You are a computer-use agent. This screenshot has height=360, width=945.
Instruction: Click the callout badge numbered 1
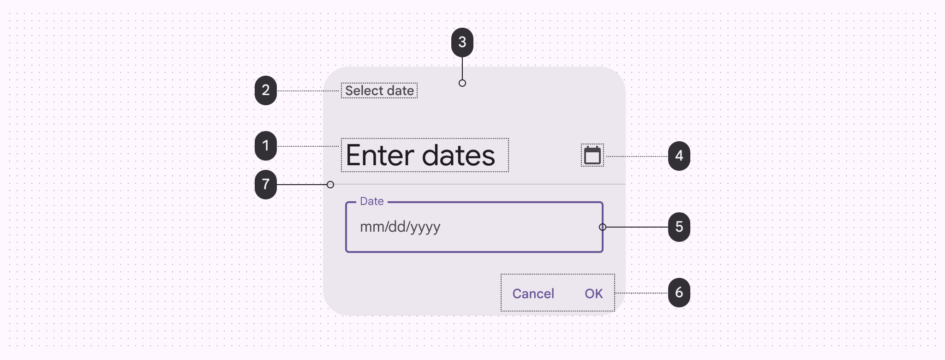(x=266, y=146)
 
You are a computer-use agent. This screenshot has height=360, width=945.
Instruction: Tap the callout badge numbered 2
(x=266, y=90)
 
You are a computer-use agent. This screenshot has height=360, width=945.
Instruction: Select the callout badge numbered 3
(x=462, y=42)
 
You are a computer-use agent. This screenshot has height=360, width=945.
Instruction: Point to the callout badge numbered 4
(x=679, y=156)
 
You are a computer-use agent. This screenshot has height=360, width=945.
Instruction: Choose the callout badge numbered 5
(x=679, y=227)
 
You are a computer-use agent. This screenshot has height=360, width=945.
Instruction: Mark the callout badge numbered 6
(x=679, y=293)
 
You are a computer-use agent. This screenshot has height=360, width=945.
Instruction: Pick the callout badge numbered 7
(x=266, y=185)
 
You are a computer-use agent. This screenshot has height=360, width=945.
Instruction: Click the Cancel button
(x=533, y=294)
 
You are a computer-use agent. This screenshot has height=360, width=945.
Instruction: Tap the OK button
(x=594, y=294)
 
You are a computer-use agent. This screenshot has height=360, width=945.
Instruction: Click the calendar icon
(x=592, y=156)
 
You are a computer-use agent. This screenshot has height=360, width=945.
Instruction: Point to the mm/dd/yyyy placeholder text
(x=400, y=227)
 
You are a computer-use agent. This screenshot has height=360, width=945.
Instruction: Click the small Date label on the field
(x=372, y=201)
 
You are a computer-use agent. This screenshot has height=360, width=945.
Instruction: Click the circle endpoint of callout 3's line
(x=462, y=83)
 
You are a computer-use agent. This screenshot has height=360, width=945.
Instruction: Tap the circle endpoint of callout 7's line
(x=330, y=185)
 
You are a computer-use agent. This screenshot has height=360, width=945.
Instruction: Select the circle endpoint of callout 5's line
(x=603, y=227)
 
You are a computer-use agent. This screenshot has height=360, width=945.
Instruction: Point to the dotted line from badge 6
(x=641, y=293)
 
